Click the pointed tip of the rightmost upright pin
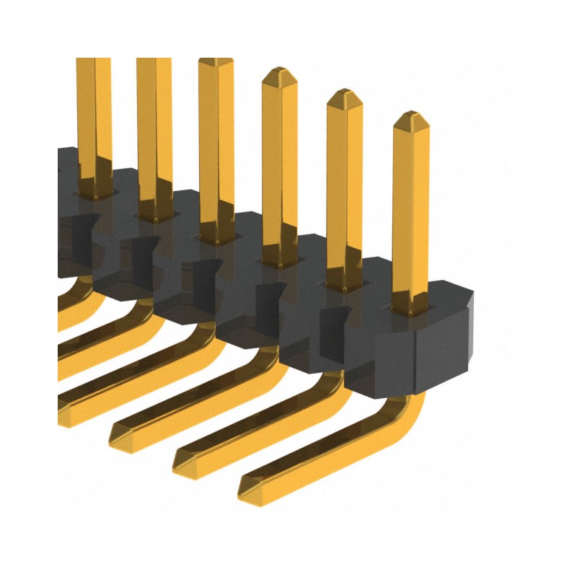click(411, 115)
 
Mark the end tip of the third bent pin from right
click(117, 433)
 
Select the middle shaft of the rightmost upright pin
click(410, 216)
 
